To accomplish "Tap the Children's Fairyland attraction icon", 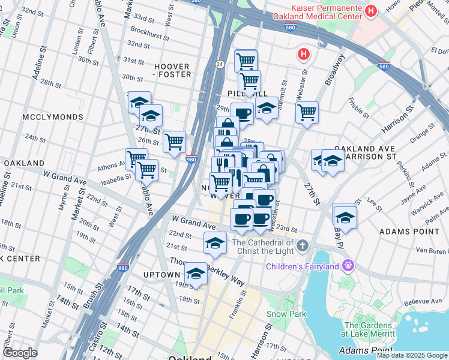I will pyautogui.click(x=348, y=265).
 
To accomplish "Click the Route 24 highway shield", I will pyautogui.click(x=220, y=64).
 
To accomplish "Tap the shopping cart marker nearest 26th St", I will pyautogui.click(x=174, y=142).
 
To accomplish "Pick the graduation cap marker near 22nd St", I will pyautogui.click(x=215, y=243).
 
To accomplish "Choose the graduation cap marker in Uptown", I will pyautogui.click(x=196, y=274).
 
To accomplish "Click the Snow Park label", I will pyautogui.click(x=286, y=314).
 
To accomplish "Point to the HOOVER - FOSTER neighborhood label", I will pyautogui.click(x=172, y=70).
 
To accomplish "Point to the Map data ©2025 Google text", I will pyautogui.click(x=412, y=355).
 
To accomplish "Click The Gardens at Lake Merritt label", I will pyautogui.click(x=367, y=328).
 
